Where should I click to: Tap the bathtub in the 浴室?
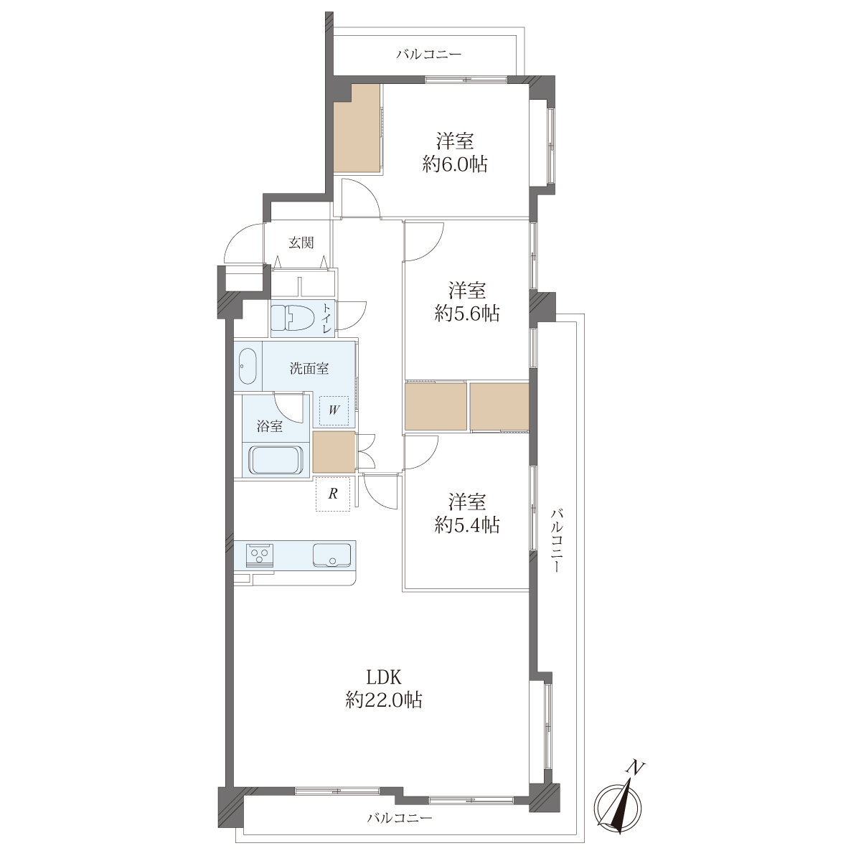276,460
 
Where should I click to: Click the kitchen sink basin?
331,555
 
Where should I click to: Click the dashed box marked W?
334,410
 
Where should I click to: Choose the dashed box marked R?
333,494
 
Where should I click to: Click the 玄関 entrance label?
301,243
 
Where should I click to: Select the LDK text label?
384,678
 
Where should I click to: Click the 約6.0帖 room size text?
455,165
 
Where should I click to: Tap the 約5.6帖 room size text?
467,314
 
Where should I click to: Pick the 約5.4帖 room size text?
467,525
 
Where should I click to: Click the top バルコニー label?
428,55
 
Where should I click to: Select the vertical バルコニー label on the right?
557,541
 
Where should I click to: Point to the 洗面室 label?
309,369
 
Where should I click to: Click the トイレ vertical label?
327,319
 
